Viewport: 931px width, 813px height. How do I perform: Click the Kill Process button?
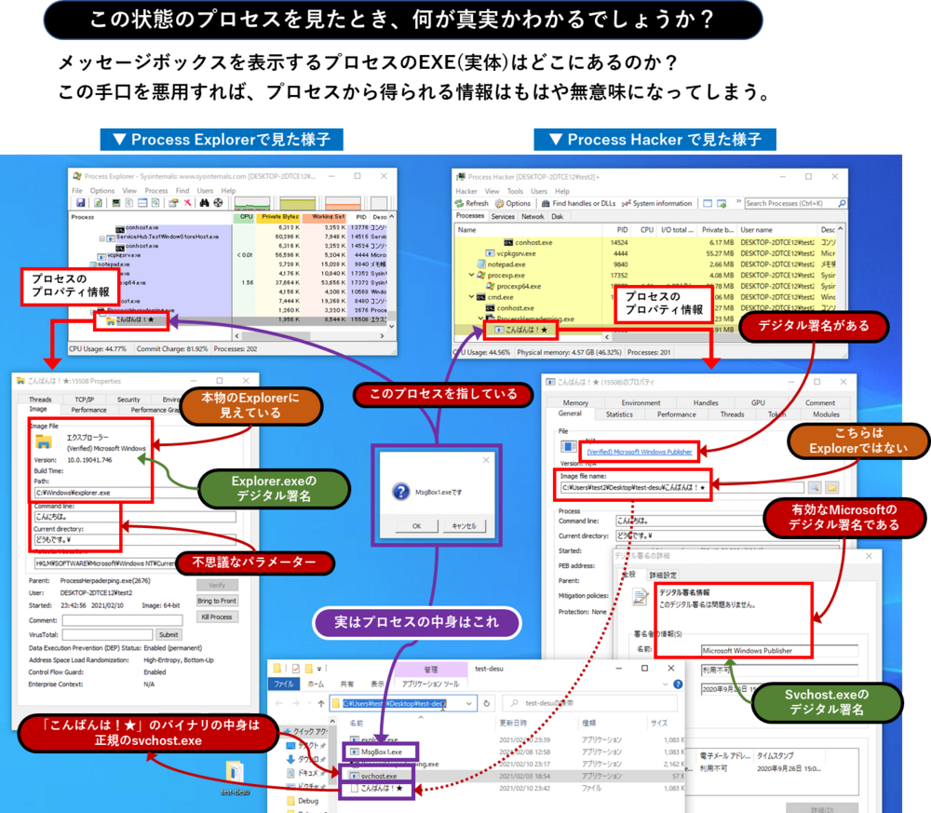(x=217, y=617)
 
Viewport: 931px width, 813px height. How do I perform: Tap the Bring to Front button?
(x=217, y=601)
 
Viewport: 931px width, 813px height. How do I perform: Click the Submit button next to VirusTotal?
(x=169, y=635)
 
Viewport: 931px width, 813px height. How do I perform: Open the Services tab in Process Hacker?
(x=503, y=216)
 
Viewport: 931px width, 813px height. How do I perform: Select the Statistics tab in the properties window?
(x=619, y=414)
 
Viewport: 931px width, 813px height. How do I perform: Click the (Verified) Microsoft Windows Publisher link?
(x=640, y=452)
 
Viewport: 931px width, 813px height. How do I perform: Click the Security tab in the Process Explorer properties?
(x=128, y=400)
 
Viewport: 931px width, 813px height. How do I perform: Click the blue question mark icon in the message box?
(x=401, y=491)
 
